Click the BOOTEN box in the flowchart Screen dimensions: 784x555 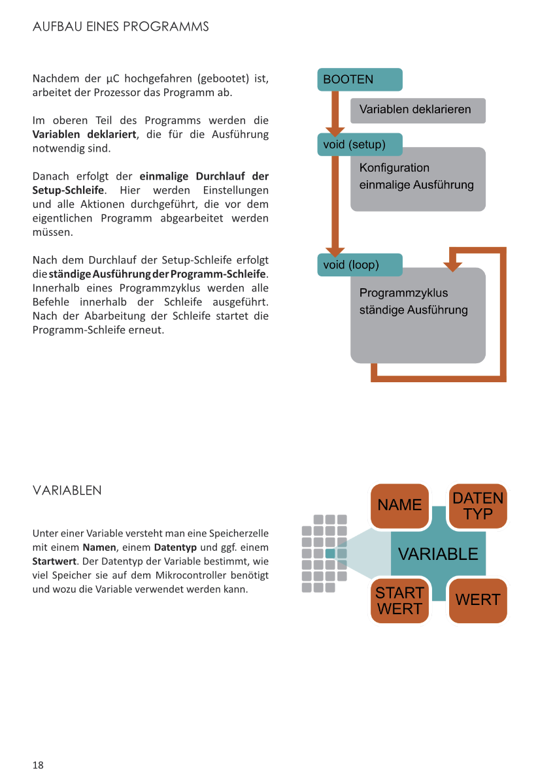[x=360, y=80]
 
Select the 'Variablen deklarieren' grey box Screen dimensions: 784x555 [x=418, y=110]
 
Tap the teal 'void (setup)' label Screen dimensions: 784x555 [x=360, y=144]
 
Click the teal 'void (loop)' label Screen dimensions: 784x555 [x=360, y=265]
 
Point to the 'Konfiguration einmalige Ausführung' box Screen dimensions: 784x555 [x=418, y=178]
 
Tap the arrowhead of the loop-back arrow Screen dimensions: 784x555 [x=452, y=266]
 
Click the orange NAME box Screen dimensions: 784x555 [x=399, y=506]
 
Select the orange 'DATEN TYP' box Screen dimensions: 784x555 [x=478, y=506]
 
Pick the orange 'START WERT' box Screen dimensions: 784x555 [x=399, y=600]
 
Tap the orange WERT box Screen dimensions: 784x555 [x=478, y=600]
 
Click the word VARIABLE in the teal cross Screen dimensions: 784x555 [x=438, y=554]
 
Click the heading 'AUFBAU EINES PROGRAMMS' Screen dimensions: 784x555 [x=121, y=27]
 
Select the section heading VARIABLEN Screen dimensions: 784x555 [x=67, y=490]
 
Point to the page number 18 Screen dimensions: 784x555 [x=38, y=765]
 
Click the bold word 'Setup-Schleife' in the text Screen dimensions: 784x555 [x=68, y=190]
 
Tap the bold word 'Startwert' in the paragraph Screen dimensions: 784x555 [x=54, y=561]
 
